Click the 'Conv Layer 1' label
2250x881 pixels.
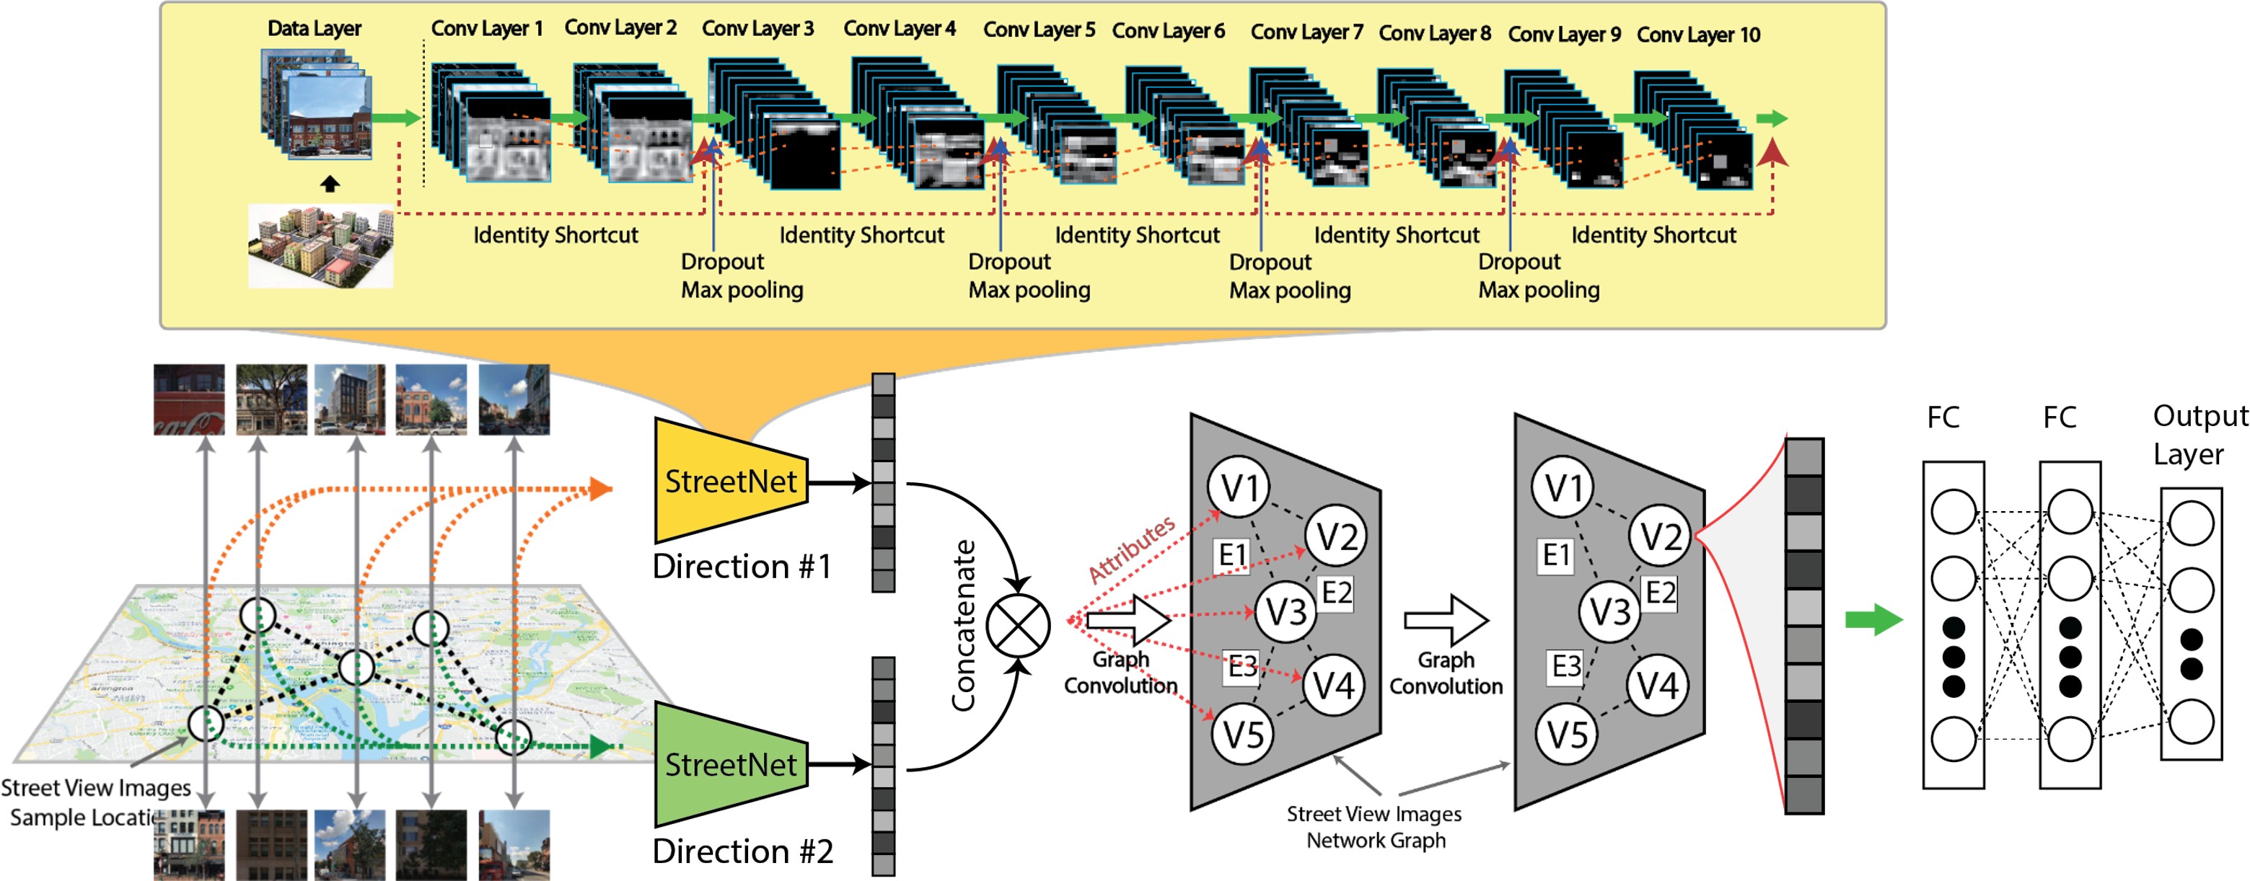[x=486, y=29]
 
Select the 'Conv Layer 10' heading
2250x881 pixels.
[x=1697, y=35]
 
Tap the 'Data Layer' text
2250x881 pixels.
[x=314, y=29]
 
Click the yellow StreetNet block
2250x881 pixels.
[x=730, y=481]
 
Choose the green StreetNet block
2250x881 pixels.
[x=730, y=765]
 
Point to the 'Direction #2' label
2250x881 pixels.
[x=742, y=851]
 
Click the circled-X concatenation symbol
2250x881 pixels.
[x=1018, y=625]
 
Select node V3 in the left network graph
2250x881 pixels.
[x=1286, y=612]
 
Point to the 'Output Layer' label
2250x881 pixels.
[x=2197, y=435]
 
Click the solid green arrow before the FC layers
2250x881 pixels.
[x=1872, y=620]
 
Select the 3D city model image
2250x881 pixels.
[x=320, y=247]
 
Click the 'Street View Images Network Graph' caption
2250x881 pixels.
[x=1375, y=827]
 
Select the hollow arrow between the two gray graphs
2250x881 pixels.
[x=1446, y=620]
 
